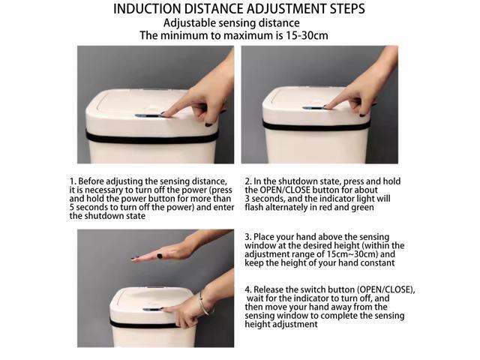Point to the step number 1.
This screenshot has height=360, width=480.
(x=72, y=181)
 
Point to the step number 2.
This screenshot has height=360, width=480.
(x=247, y=181)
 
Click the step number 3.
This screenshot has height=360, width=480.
(x=247, y=237)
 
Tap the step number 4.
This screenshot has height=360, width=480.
(x=247, y=289)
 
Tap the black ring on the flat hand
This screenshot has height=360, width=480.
(x=160, y=256)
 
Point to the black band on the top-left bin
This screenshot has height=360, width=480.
(x=151, y=137)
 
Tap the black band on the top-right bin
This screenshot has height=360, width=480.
(x=316, y=125)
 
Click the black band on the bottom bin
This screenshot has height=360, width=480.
(x=144, y=324)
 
